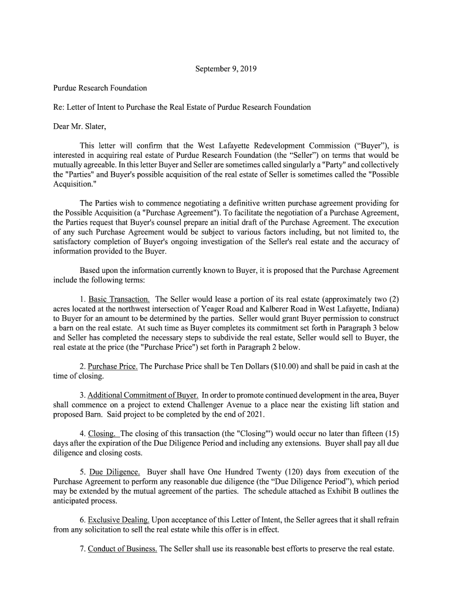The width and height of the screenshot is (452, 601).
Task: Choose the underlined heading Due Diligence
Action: point(114,472)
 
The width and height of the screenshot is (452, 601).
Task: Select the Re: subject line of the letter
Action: point(182,107)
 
